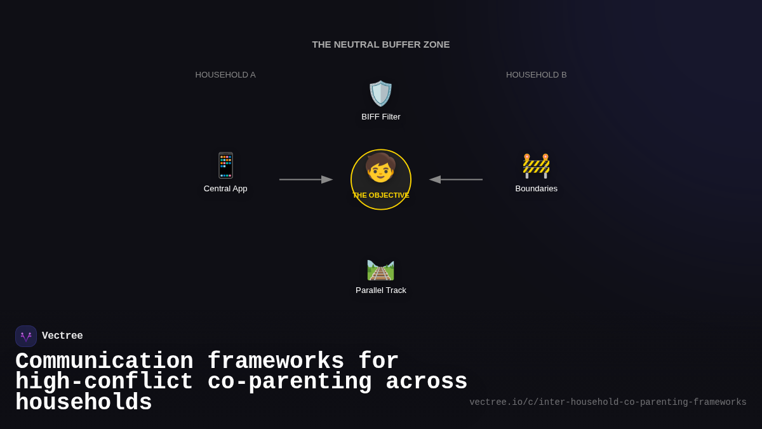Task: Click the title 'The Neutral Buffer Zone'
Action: [x=381, y=44]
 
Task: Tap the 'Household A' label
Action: [x=225, y=75]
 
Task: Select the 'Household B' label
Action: [x=536, y=75]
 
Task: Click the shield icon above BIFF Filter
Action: [x=381, y=93]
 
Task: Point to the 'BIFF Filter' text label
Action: [x=381, y=117]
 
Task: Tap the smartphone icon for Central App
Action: [x=225, y=165]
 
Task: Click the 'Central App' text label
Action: [x=225, y=189]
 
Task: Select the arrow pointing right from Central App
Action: [x=306, y=179]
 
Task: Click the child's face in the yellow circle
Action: [x=380, y=168]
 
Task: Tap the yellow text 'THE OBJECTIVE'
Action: [x=381, y=195]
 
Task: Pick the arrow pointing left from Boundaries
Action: [x=455, y=179]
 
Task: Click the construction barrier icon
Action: [x=536, y=165]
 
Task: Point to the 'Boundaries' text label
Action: [x=536, y=189]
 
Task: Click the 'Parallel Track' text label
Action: [x=381, y=290]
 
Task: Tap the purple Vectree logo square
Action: [x=26, y=336]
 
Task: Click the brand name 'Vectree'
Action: [x=62, y=336]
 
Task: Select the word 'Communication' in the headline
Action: [x=104, y=362]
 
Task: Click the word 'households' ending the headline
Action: [x=84, y=403]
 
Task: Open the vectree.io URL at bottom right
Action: [x=608, y=402]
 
